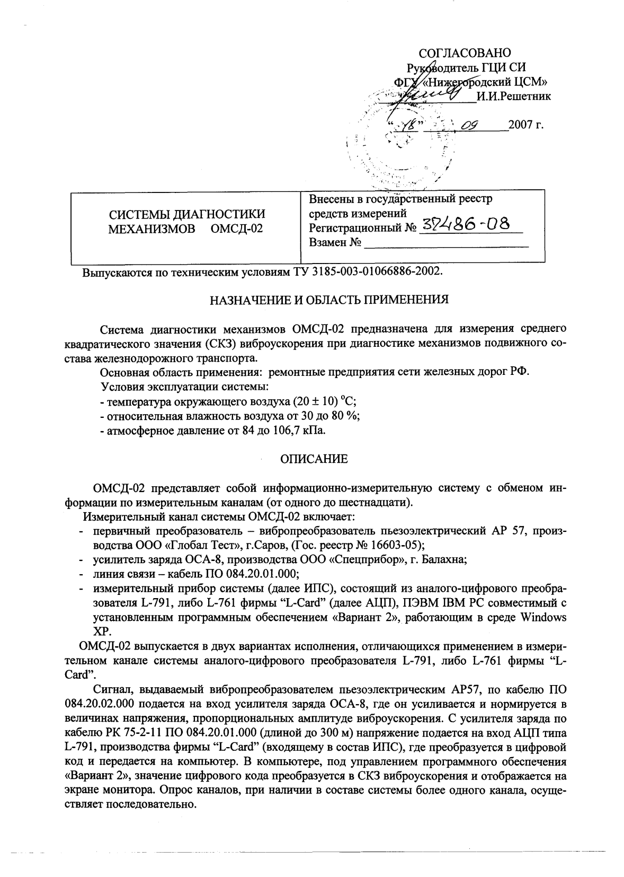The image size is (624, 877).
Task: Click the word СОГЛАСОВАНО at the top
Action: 465,53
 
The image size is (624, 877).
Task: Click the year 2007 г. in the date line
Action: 526,126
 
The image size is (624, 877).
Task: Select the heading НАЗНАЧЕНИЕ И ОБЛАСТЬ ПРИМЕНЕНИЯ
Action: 329,300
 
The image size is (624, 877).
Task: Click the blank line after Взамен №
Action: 446,244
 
